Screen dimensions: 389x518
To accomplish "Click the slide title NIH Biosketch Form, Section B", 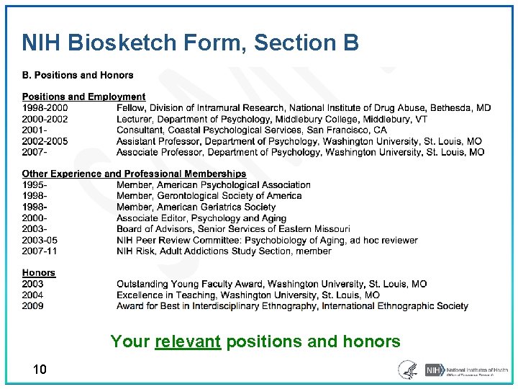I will pyautogui.click(x=190, y=43).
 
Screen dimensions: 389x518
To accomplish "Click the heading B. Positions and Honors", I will pyautogui.click(x=78, y=75).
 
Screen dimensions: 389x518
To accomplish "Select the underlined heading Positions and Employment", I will pyautogui.click(x=83, y=97).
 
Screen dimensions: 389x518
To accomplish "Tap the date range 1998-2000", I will pyautogui.click(x=45, y=108).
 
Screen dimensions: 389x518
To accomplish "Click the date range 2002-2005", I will pyautogui.click(x=45, y=141).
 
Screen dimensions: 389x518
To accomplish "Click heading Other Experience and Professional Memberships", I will pyautogui.click(x=134, y=174).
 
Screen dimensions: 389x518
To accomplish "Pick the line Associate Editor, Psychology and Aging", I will pyautogui.click(x=201, y=218).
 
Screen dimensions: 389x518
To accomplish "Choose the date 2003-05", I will pyautogui.click(x=40, y=240).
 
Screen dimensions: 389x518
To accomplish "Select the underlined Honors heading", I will pyautogui.click(x=38, y=273).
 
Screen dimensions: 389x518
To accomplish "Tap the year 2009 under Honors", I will pyautogui.click(x=32, y=306).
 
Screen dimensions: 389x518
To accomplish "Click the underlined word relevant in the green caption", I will pyautogui.click(x=188, y=341).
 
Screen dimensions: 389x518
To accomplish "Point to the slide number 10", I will pyautogui.click(x=40, y=370).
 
